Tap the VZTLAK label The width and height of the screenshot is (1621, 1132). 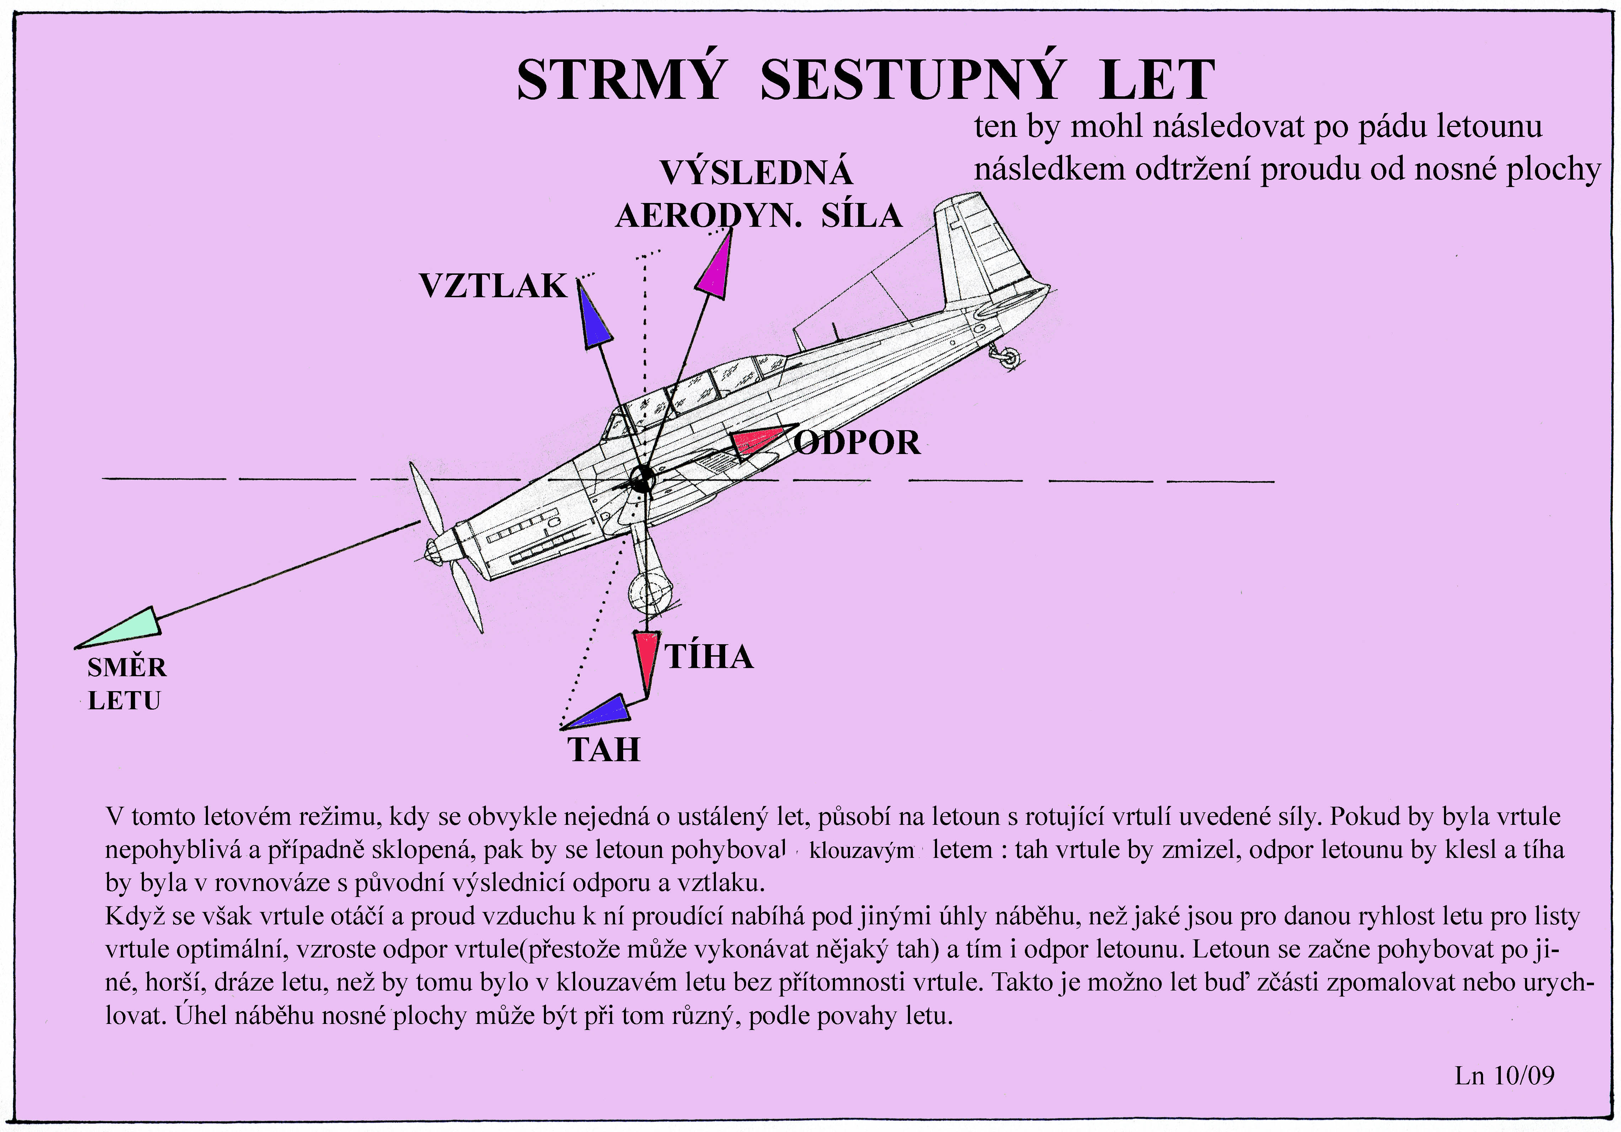(x=493, y=286)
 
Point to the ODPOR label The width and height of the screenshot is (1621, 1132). (x=857, y=443)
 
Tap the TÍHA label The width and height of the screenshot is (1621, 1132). (x=709, y=657)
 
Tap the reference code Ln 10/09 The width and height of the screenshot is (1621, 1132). (x=1504, y=1075)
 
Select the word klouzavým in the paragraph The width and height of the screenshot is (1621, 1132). (x=861, y=850)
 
